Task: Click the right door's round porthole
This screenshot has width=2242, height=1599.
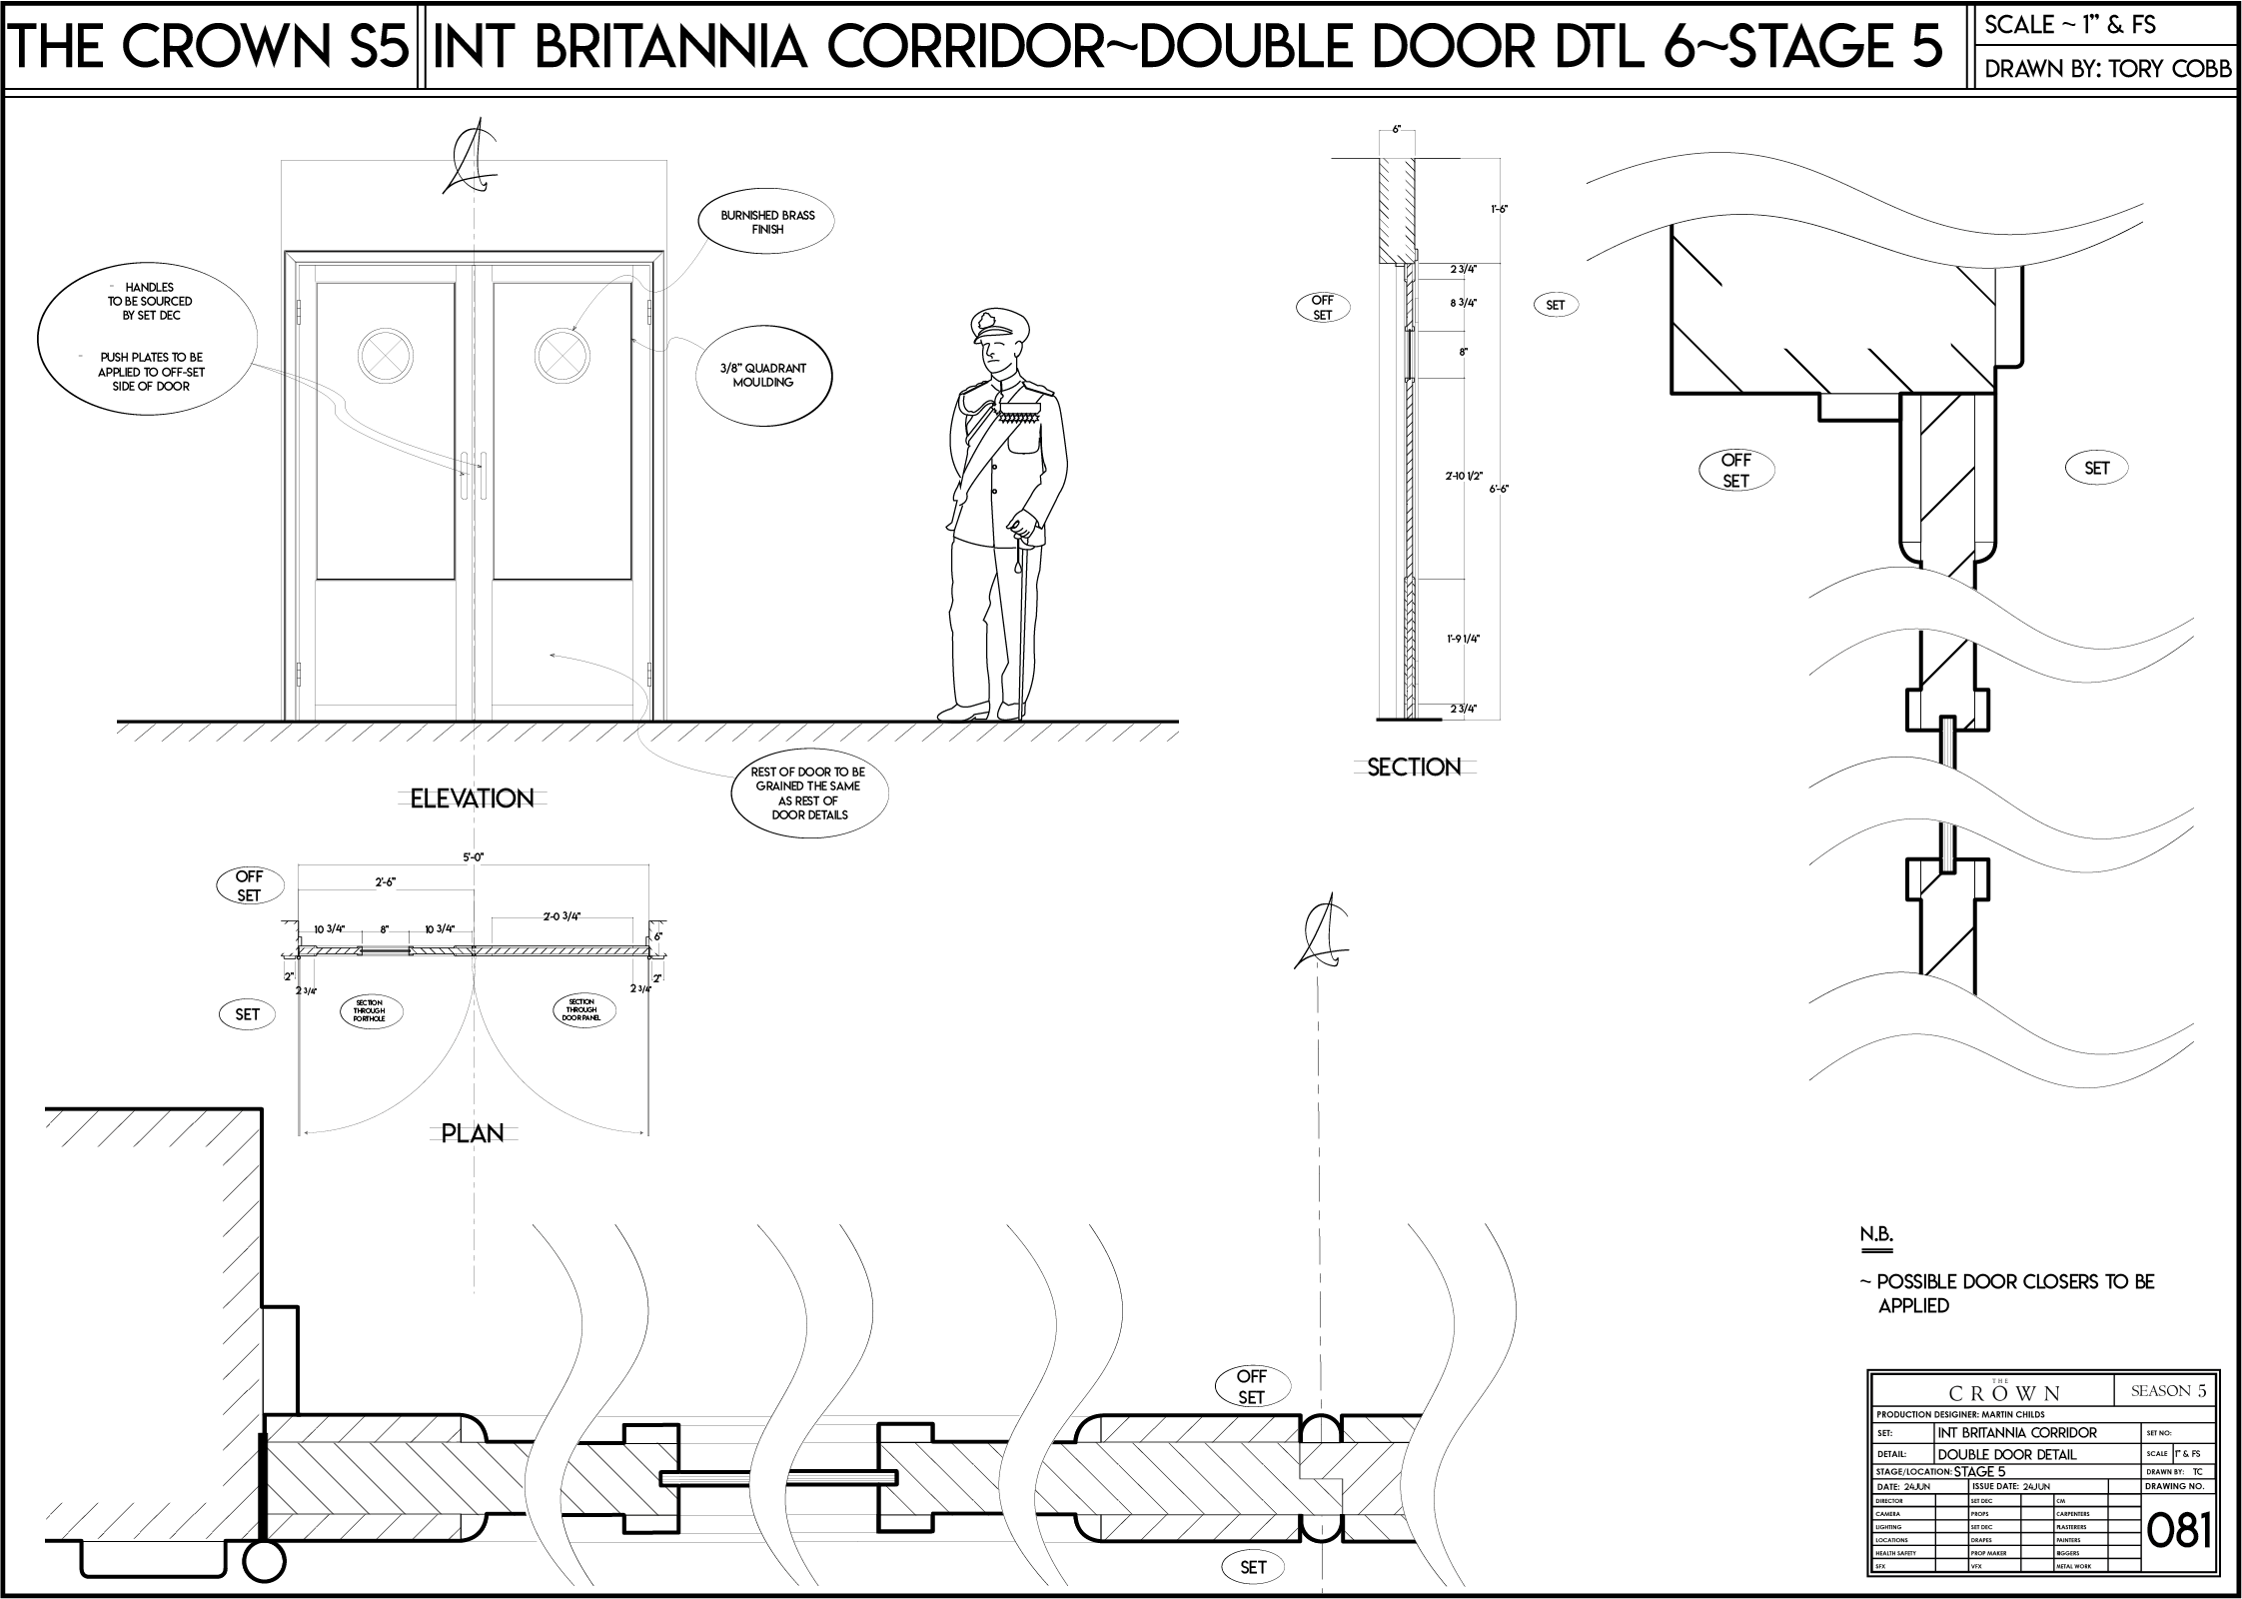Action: (559, 355)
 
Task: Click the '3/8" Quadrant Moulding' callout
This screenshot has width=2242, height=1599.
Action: (762, 376)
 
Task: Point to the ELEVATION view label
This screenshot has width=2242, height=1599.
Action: (472, 799)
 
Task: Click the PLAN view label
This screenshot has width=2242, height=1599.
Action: (473, 1133)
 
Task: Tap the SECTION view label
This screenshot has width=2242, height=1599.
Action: (1414, 768)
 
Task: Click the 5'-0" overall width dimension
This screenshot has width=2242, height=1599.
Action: (473, 857)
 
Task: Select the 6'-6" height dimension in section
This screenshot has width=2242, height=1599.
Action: (1499, 489)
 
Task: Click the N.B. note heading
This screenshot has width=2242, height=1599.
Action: (1875, 1234)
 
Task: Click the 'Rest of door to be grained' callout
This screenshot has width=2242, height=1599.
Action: (809, 794)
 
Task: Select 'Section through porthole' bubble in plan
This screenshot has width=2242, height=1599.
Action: (369, 1010)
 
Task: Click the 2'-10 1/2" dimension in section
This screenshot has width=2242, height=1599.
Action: (1462, 477)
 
